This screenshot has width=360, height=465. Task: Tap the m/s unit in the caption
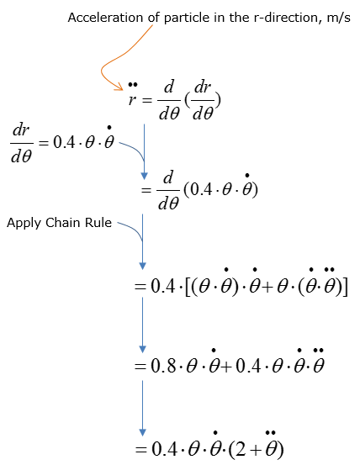coord(338,18)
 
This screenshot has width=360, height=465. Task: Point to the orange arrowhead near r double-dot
coord(119,87)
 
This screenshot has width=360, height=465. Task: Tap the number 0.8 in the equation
coord(163,365)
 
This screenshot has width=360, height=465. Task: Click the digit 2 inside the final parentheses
coord(241,449)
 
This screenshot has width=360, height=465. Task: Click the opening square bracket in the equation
coord(188,287)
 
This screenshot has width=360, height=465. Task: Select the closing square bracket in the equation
coord(345,287)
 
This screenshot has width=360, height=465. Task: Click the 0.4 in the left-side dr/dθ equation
coord(64,142)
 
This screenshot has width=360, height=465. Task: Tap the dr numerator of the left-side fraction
coord(21,130)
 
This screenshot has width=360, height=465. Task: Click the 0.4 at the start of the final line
coord(165,449)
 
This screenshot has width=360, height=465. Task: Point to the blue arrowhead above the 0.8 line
coord(143,349)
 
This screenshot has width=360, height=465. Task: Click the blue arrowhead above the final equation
coord(143,432)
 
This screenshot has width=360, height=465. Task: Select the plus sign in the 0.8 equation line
coord(227,367)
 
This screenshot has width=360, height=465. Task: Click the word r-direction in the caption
coord(286,18)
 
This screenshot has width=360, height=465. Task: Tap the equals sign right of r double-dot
coord(147,100)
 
